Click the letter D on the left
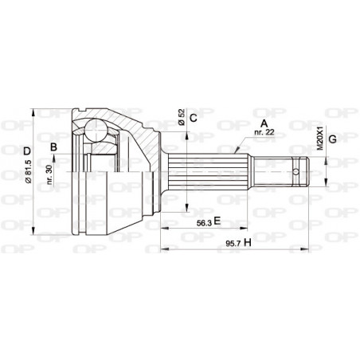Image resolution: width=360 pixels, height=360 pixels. coord(28,151)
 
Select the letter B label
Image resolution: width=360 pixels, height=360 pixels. coord(54,147)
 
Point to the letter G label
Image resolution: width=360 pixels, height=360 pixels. coord(333,139)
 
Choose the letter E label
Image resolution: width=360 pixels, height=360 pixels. coord(216,225)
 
